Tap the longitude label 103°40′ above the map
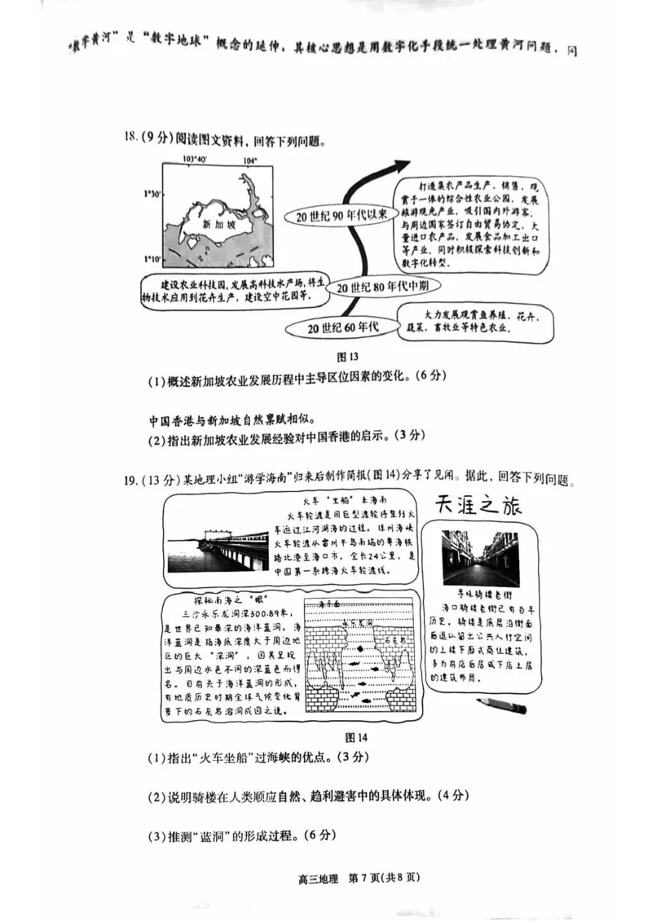tap(194, 159)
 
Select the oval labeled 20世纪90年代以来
tap(337, 214)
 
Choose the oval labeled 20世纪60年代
tap(343, 327)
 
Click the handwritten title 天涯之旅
tap(477, 507)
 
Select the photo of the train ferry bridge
tap(218, 547)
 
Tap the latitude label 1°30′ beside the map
tap(152, 194)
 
